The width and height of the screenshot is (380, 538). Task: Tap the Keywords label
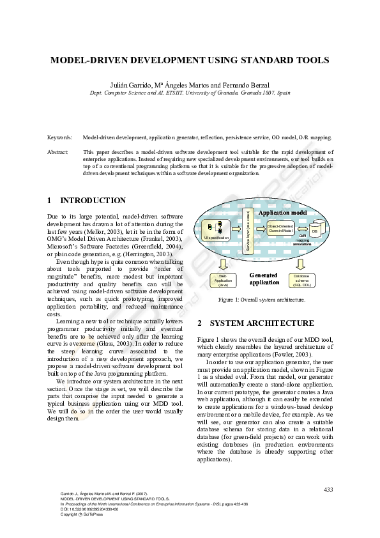tap(59, 137)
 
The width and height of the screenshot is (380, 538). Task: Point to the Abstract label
tap(58, 152)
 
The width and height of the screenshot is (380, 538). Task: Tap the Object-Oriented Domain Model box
tap(280, 227)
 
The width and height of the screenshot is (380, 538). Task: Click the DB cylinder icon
tap(315, 227)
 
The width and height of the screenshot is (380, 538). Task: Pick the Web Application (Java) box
tap(224, 280)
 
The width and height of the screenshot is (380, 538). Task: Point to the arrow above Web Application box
tap(223, 264)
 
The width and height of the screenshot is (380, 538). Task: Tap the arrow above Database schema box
tap(301, 264)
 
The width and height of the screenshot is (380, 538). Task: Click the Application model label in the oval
tap(283, 211)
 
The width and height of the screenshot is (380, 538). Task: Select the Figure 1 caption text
tap(262, 299)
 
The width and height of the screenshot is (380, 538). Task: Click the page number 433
tap(328, 489)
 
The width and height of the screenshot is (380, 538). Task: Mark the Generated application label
tap(264, 279)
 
